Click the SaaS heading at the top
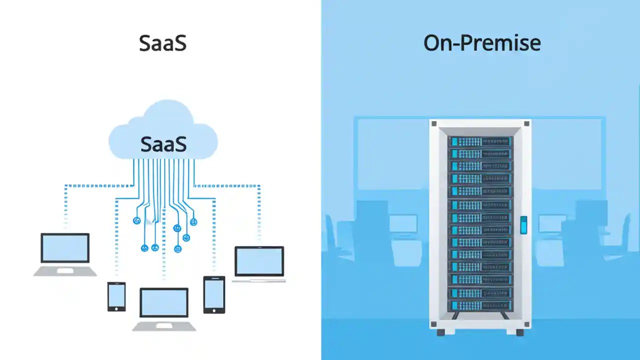[162, 43]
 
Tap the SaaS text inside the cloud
[163, 144]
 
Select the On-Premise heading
[481, 43]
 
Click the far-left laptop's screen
[65, 248]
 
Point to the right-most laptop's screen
[259, 261]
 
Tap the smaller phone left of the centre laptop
[116, 296]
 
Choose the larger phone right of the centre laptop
[214, 294]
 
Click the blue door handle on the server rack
[523, 225]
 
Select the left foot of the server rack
[440, 332]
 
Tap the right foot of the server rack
[519, 332]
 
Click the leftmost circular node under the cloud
[136, 220]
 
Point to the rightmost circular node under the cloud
[194, 222]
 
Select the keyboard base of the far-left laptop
[65, 271]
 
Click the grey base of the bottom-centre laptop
[164, 326]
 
